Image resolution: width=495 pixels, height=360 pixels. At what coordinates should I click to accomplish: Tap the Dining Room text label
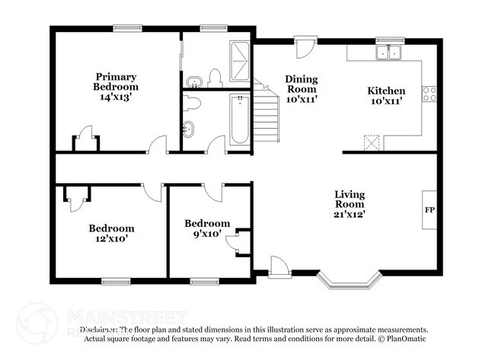(x=302, y=88)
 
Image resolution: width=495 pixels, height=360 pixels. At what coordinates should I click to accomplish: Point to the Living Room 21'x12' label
(x=350, y=204)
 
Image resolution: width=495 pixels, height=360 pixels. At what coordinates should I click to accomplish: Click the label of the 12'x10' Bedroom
(x=111, y=233)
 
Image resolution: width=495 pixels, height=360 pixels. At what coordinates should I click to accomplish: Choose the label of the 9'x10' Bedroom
(x=206, y=228)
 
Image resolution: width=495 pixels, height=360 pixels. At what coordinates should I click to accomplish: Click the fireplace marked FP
(x=430, y=209)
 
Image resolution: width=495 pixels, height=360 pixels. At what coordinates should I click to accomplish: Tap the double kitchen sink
(x=390, y=53)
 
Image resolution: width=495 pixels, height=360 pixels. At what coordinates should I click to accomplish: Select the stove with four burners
(x=430, y=94)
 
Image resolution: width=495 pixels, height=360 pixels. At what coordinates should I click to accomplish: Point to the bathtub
(x=238, y=119)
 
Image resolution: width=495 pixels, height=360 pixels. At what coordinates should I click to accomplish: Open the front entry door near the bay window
(x=279, y=266)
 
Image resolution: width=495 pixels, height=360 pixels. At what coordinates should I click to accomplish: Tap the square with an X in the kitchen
(x=373, y=143)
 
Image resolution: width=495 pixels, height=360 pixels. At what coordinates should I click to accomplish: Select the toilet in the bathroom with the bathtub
(x=192, y=104)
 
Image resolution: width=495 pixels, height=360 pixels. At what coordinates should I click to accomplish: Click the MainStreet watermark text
(x=126, y=315)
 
